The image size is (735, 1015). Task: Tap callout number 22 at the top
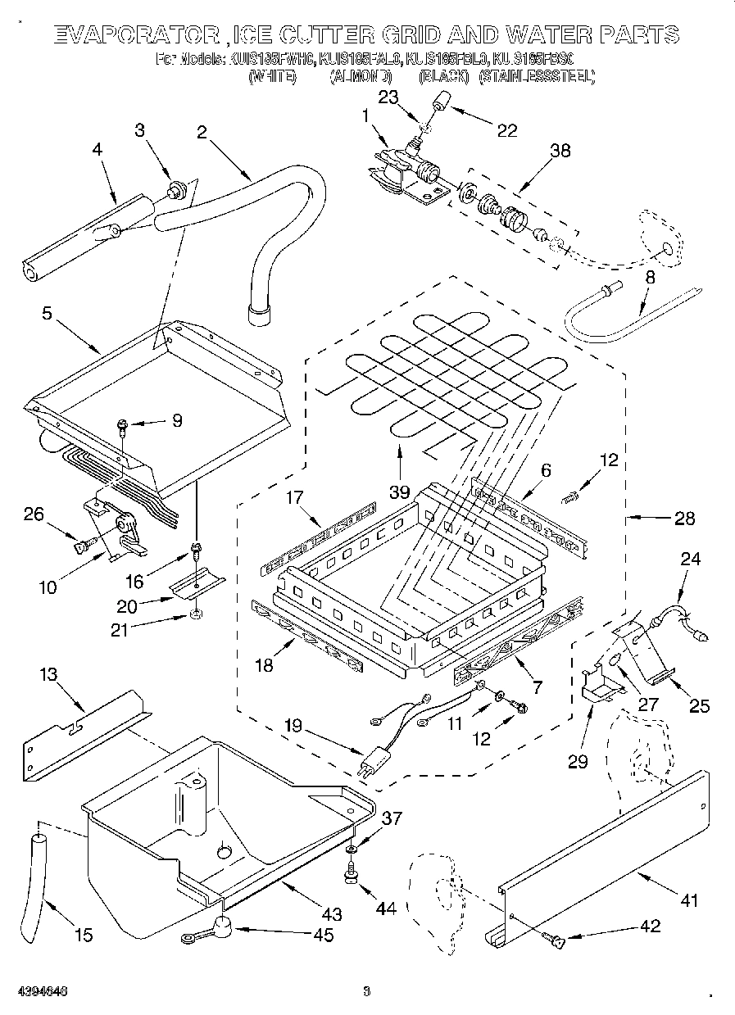pos(507,129)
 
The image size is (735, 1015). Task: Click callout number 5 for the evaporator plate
pos(48,312)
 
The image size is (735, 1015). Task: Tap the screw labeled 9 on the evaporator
pos(122,424)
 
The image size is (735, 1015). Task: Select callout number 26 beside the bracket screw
pos(34,514)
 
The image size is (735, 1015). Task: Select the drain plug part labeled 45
pos(220,927)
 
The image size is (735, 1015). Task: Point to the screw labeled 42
pos(558,943)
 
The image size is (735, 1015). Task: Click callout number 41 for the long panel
pos(688,901)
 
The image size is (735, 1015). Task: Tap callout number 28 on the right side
pos(684,518)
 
